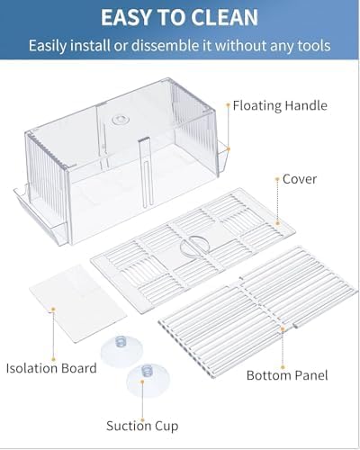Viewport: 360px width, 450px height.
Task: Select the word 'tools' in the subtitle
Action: click(x=314, y=46)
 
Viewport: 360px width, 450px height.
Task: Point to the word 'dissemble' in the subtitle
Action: click(x=165, y=46)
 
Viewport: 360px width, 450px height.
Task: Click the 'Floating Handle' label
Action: click(x=280, y=105)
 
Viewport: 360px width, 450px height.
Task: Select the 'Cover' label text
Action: click(x=300, y=179)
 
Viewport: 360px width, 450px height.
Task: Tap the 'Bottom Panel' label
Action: click(x=287, y=375)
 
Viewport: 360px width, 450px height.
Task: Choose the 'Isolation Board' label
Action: click(x=51, y=368)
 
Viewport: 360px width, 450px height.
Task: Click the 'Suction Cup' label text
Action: click(x=142, y=426)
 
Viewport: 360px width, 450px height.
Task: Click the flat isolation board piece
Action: click(x=78, y=303)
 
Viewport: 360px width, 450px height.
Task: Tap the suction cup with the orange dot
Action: click(x=148, y=381)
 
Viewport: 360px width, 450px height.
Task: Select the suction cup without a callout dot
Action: click(x=121, y=351)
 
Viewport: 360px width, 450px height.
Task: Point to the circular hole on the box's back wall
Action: click(x=119, y=120)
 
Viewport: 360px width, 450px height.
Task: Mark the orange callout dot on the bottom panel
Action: click(x=283, y=329)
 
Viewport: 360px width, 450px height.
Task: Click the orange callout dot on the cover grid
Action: click(x=277, y=223)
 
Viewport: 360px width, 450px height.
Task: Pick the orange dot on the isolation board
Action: click(x=53, y=309)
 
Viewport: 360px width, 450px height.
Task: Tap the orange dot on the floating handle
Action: click(x=229, y=148)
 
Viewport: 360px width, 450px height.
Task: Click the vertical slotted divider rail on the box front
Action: click(x=146, y=172)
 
